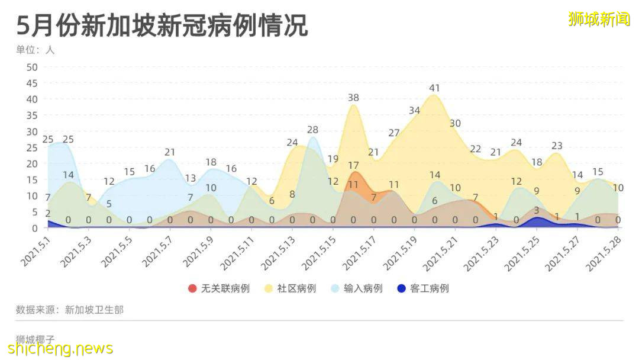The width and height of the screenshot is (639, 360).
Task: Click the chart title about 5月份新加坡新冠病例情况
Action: coord(162,26)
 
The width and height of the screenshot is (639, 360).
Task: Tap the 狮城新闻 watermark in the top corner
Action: coord(599,19)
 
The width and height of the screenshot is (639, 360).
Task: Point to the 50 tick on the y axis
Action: coord(31,67)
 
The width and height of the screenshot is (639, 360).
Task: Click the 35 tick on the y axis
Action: coord(31,115)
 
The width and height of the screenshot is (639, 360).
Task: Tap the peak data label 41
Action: coord(435,88)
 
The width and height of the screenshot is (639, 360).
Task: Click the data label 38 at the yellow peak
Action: coord(353,98)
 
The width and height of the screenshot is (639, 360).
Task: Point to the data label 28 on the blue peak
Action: coord(312,130)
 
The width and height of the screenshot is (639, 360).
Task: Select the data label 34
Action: coord(414,111)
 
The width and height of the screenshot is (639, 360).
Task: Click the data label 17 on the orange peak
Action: coord(353,165)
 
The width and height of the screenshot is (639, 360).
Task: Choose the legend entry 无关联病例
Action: coord(218,288)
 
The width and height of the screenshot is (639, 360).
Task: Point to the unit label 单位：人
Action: coord(35,50)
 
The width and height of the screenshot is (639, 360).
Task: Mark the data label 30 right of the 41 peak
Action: coord(455,123)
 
